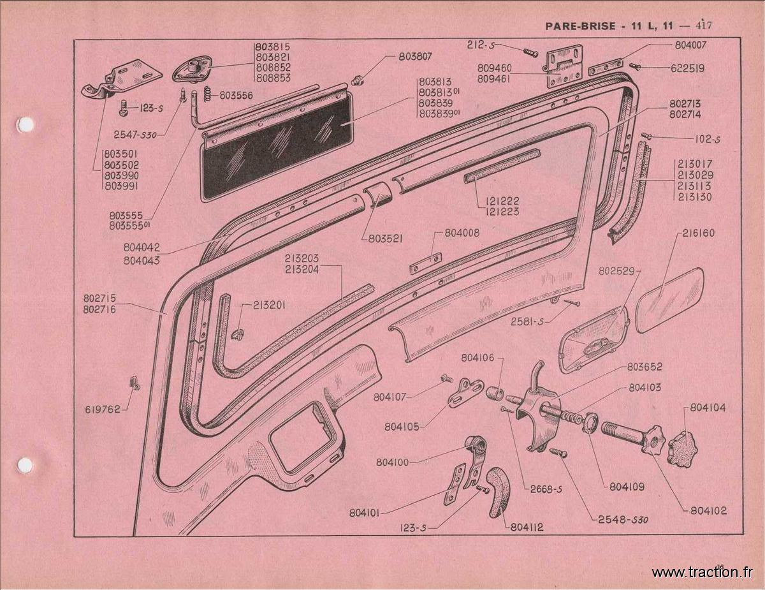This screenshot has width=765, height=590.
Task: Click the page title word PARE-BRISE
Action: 580,26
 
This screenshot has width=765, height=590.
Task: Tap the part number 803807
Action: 415,57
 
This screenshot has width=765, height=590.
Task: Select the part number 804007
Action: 690,45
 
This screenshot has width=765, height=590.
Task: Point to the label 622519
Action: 687,68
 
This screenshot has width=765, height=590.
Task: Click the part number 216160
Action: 699,233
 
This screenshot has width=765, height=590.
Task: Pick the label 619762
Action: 103,409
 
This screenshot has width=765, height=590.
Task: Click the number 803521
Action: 385,239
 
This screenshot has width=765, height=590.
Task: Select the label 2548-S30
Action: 623,520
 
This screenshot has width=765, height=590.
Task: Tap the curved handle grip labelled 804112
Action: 498,491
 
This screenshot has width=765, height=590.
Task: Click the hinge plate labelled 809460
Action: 563,66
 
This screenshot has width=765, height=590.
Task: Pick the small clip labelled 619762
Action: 135,383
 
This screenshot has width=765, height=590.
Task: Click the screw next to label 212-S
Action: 528,52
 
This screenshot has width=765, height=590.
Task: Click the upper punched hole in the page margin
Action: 26,124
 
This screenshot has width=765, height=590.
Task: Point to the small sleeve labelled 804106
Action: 495,392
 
